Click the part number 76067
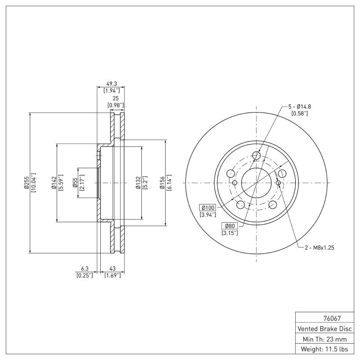click(325, 317)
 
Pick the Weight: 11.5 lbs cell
click(325, 349)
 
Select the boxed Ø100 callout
click(208, 207)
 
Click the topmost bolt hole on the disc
click(256, 156)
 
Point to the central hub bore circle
click(256, 183)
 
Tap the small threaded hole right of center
click(278, 183)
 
